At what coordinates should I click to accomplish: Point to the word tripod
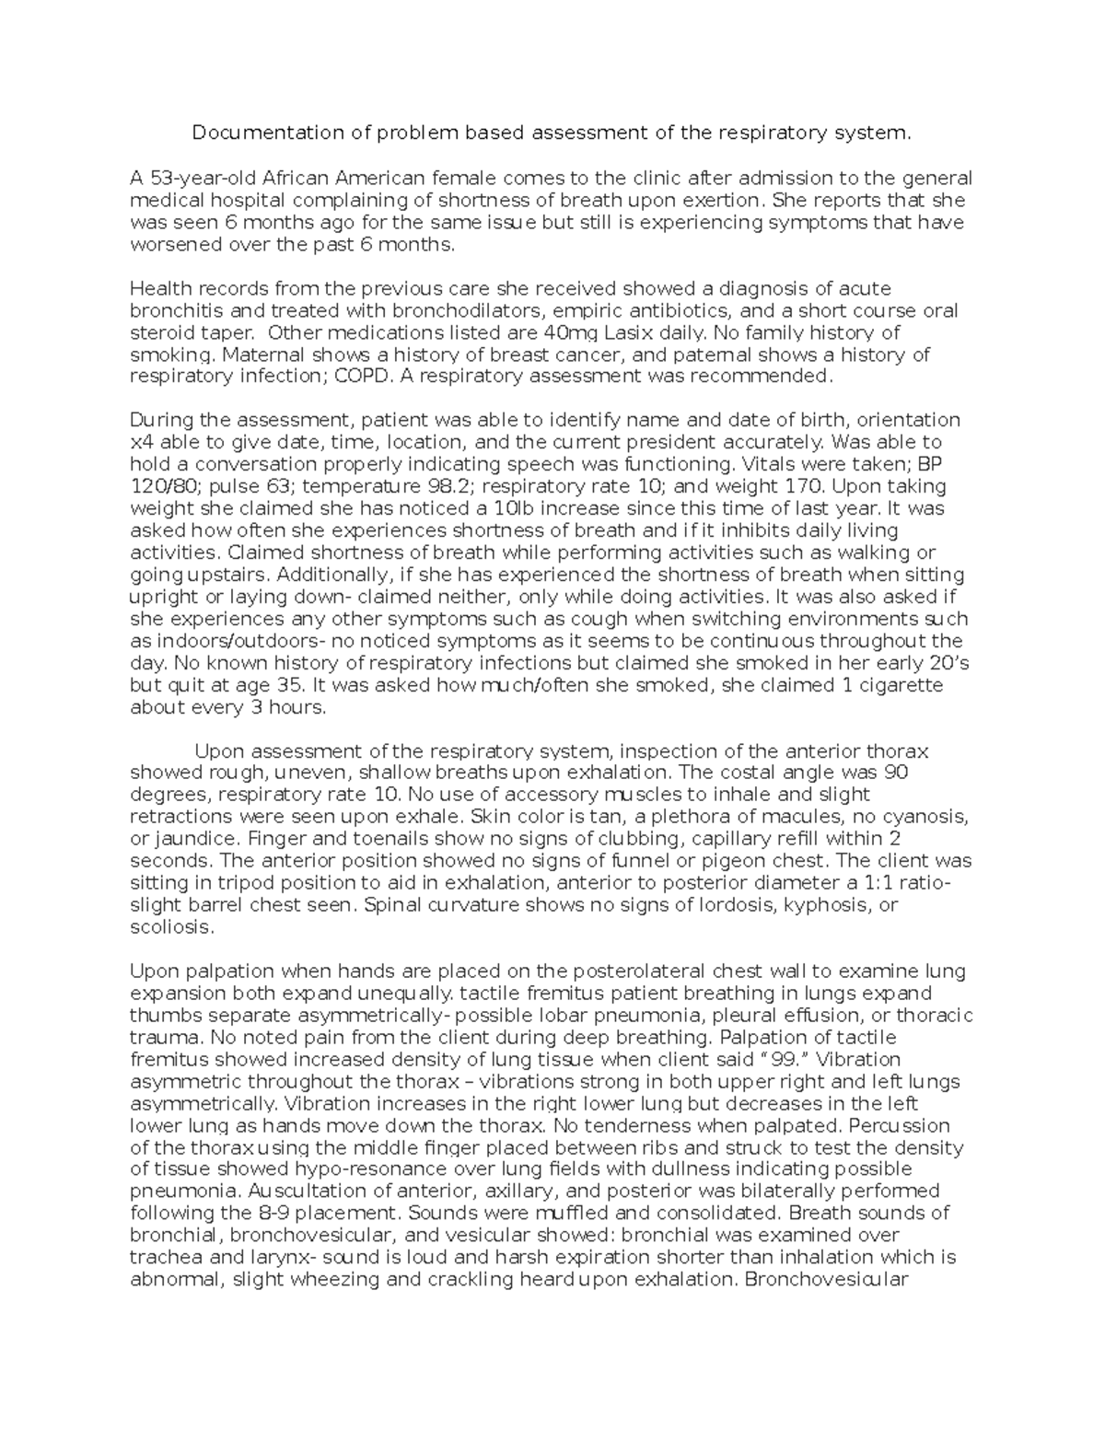(x=231, y=883)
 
